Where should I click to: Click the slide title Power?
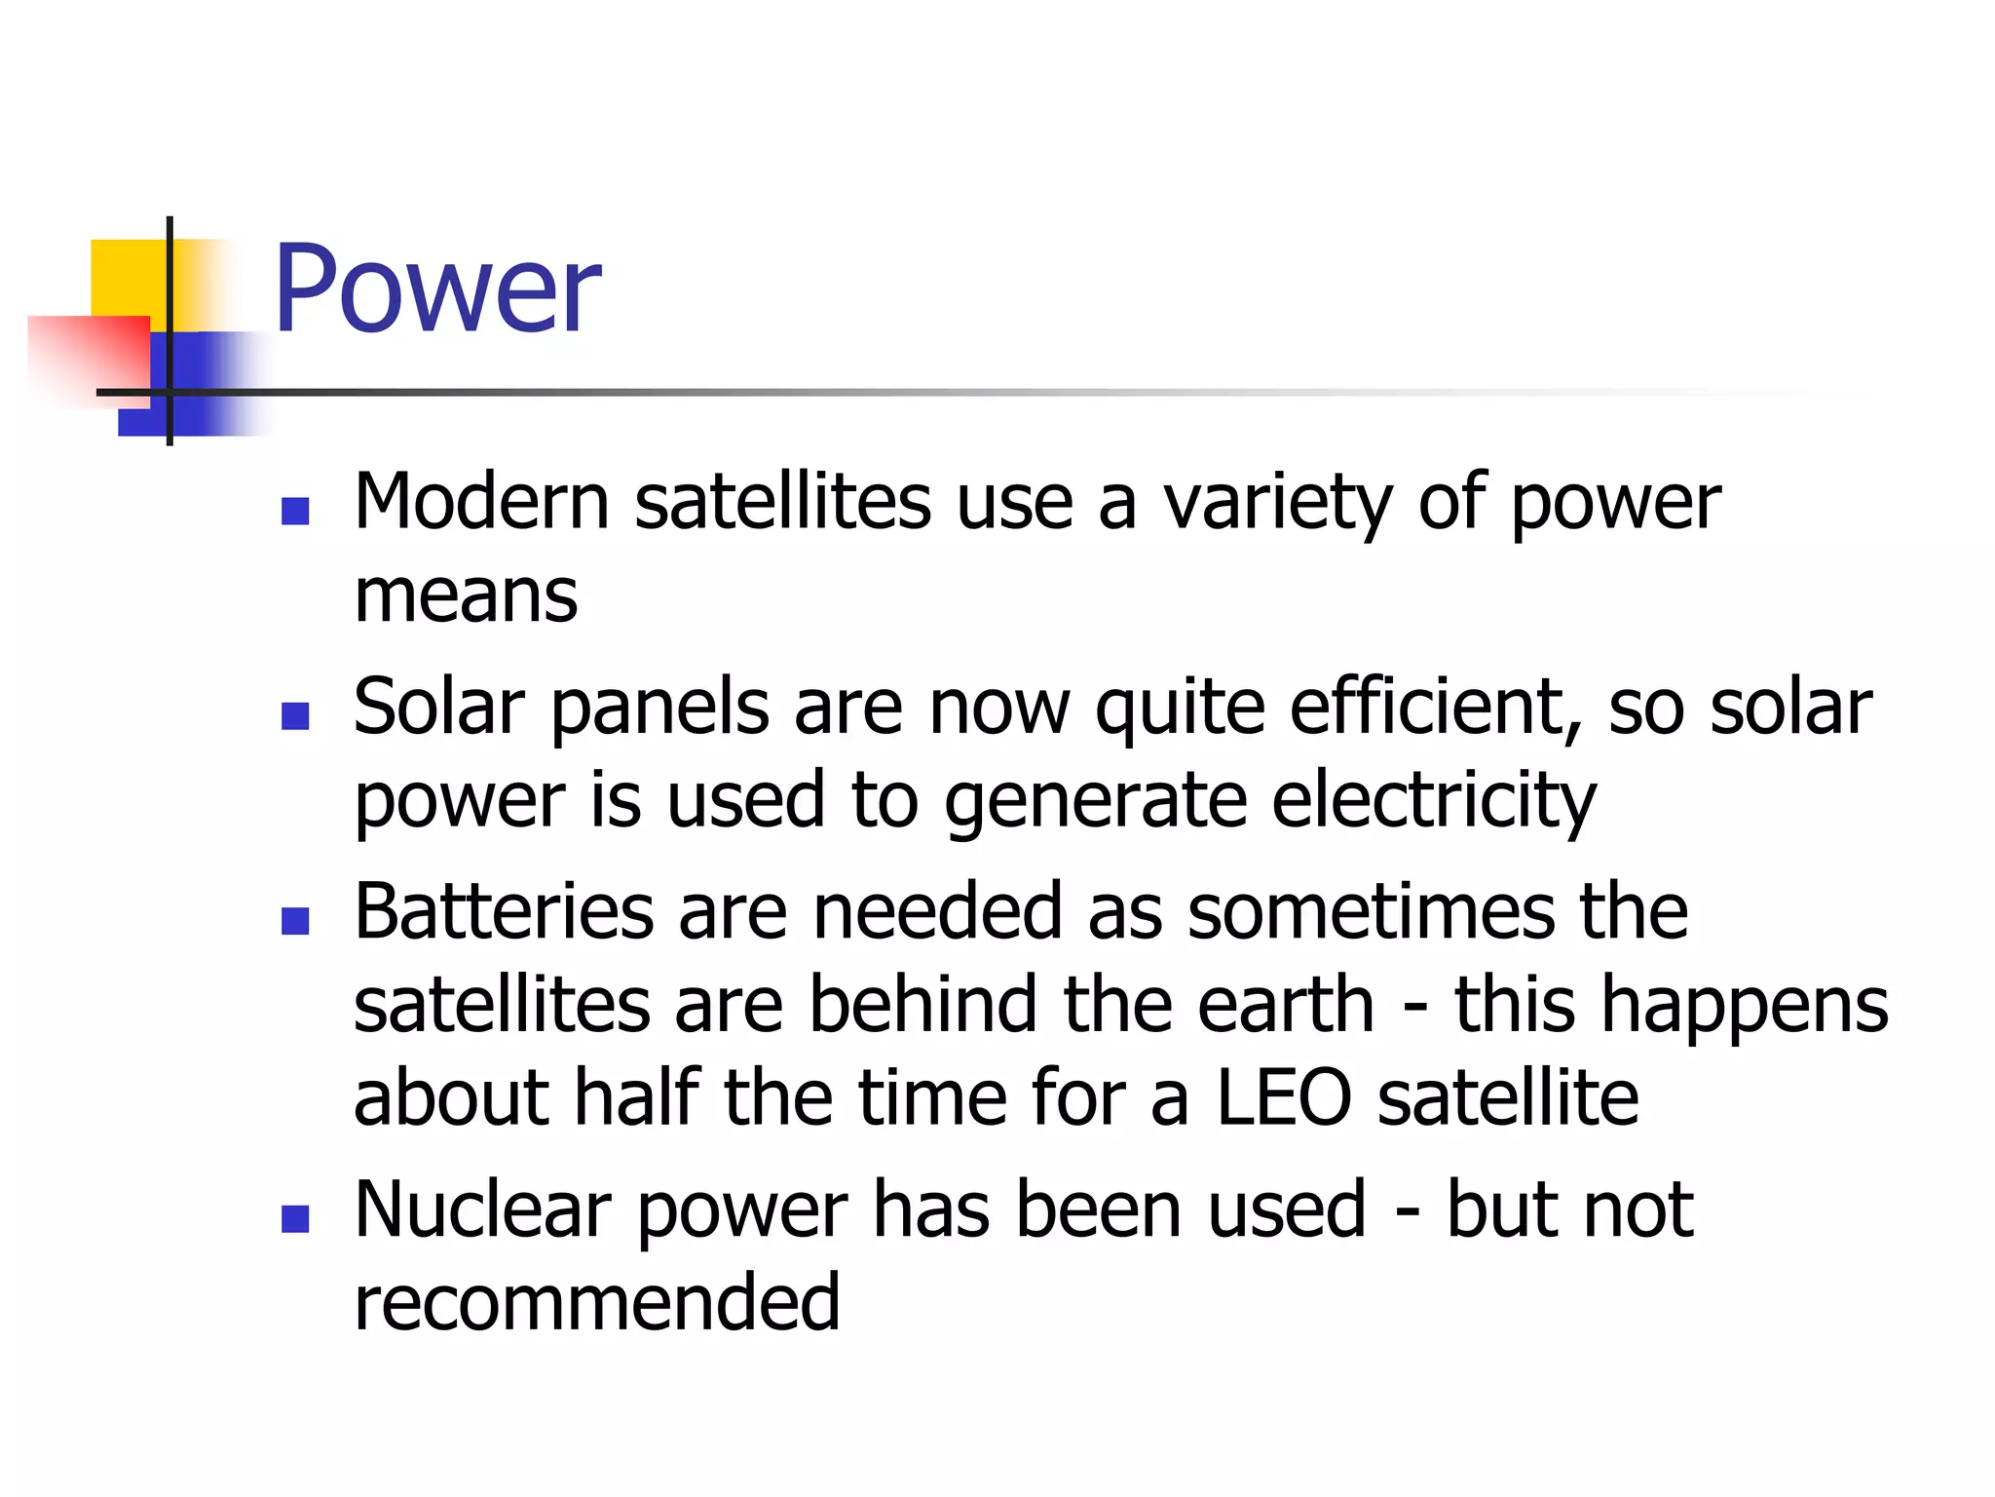(436, 290)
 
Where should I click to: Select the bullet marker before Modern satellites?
(295, 512)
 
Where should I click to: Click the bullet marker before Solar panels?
(295, 716)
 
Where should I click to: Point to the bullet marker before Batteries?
(295, 921)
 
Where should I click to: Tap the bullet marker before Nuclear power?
(295, 1219)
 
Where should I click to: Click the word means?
(466, 595)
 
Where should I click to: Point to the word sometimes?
(1372, 911)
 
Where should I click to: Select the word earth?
(1285, 1005)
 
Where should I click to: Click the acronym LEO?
(1284, 1098)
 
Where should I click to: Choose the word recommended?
(596, 1303)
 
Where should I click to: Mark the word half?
(637, 1098)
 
